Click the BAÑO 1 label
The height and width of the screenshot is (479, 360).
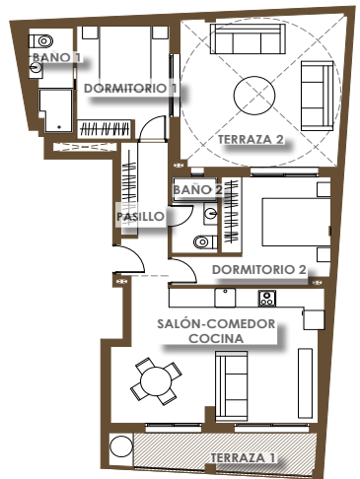pyautogui.click(x=56, y=57)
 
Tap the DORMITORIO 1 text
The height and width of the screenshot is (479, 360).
pyautogui.click(x=130, y=88)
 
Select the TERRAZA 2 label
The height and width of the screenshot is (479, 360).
pyautogui.click(x=251, y=139)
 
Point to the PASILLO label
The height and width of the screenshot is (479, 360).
pyautogui.click(x=140, y=217)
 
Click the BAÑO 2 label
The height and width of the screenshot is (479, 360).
pyautogui.click(x=198, y=189)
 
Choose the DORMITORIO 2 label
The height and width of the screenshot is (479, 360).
pyautogui.click(x=259, y=270)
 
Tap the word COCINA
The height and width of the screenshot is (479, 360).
pyautogui.click(x=216, y=338)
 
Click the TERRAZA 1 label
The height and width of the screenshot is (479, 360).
pyautogui.click(x=243, y=457)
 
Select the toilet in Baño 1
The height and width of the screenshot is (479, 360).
pyautogui.click(x=40, y=41)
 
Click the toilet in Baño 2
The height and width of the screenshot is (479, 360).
pyautogui.click(x=205, y=242)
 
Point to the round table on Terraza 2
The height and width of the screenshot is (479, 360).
pyautogui.click(x=254, y=96)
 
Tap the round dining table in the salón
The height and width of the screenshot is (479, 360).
pyautogui.click(x=156, y=381)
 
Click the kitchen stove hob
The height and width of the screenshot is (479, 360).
pyautogui.click(x=267, y=298)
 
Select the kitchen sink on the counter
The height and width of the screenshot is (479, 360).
pyautogui.click(x=225, y=298)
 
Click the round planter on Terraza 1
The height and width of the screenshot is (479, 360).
pyautogui.click(x=121, y=446)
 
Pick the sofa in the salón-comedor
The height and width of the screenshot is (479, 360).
pyautogui.click(x=231, y=386)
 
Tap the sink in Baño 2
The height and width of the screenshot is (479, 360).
pyautogui.click(x=210, y=214)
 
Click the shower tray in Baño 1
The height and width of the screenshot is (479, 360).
pyautogui.click(x=55, y=110)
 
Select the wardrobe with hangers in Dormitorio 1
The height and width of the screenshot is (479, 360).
pyautogui.click(x=105, y=128)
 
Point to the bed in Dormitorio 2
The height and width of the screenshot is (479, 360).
pyautogui.click(x=296, y=222)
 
